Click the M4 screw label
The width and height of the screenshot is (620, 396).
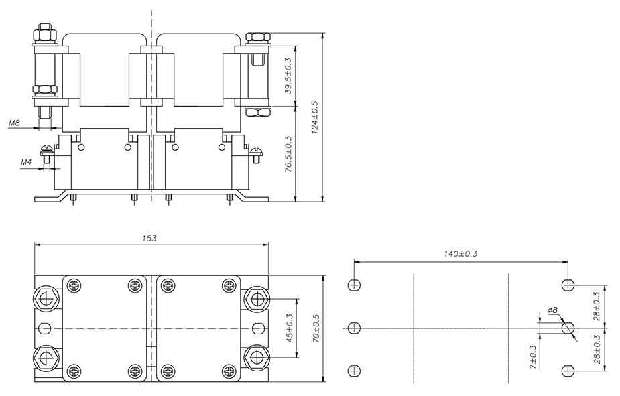click(x=27, y=162)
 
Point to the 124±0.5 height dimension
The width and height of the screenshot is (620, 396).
click(x=315, y=117)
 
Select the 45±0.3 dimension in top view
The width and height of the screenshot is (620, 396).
click(x=290, y=328)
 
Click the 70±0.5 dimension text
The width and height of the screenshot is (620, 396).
click(x=316, y=328)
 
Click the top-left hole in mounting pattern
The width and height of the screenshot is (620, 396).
click(x=354, y=285)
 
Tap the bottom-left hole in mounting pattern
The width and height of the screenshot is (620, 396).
click(x=354, y=371)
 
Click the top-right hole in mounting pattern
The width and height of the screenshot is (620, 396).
click(x=568, y=285)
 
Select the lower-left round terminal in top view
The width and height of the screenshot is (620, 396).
click(x=46, y=357)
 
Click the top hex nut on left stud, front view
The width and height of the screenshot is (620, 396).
click(x=46, y=32)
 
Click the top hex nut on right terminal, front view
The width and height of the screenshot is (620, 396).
click(x=257, y=38)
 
